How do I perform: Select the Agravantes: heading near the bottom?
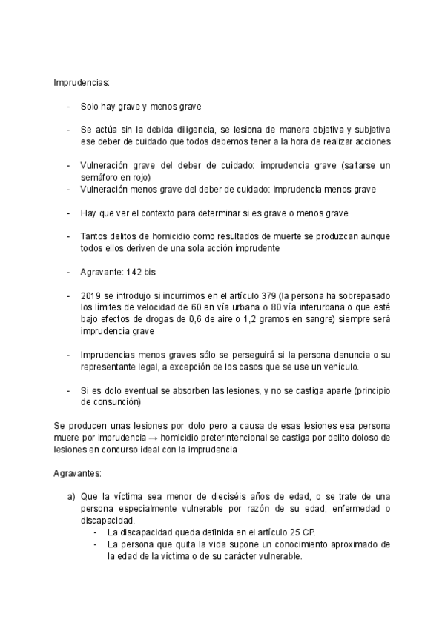pos(78,472)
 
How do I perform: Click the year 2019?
pos(90,295)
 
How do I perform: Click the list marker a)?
pos(71,495)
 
